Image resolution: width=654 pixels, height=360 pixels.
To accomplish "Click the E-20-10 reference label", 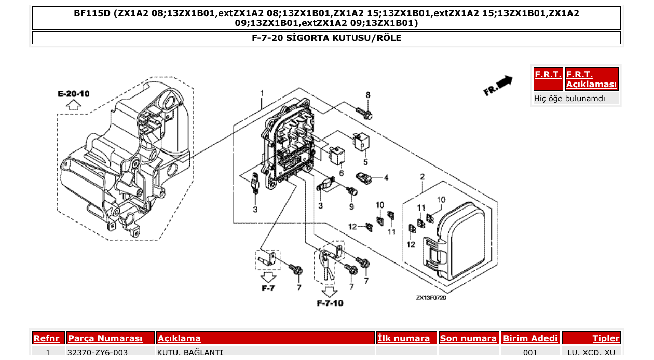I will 74,94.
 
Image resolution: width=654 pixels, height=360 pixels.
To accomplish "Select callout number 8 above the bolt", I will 367,95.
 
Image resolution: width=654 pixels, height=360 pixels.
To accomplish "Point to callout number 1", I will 263,93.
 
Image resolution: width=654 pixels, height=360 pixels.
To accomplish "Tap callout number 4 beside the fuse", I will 386,178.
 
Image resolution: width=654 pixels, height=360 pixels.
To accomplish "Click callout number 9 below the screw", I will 351,206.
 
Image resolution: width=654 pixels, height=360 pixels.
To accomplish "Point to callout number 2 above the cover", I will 422,177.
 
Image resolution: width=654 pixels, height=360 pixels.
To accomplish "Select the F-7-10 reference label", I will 330,303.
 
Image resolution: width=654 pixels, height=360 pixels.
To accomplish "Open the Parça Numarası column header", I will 105,338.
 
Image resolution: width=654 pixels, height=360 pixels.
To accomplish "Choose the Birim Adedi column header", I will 530,338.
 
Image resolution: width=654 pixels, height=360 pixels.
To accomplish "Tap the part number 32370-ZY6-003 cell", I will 98,353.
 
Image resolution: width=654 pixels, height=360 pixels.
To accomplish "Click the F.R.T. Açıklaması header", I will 591,79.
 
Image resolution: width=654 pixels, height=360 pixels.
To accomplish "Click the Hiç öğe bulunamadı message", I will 569,98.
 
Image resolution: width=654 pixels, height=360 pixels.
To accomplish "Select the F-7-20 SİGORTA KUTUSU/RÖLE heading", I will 326,38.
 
